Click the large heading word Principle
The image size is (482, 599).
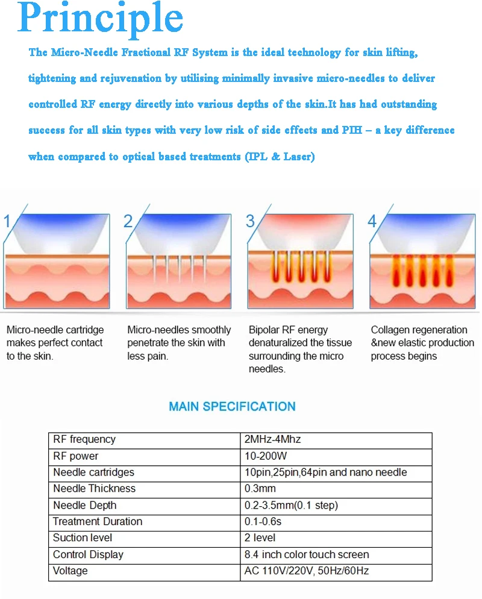[101, 19]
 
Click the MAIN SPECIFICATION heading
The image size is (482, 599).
[232, 406]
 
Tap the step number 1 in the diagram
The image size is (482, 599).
[8, 221]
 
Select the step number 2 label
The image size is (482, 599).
[128, 221]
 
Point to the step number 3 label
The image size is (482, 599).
[251, 221]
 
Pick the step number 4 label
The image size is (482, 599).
[372, 221]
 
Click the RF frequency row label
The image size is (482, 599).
[84, 439]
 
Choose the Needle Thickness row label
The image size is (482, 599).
[95, 489]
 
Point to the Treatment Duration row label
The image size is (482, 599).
[98, 521]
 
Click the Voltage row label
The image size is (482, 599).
[70, 571]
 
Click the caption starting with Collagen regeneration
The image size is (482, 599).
[422, 343]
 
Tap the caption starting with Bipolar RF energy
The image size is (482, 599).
[299, 349]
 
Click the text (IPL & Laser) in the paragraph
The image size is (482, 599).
[280, 157]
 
